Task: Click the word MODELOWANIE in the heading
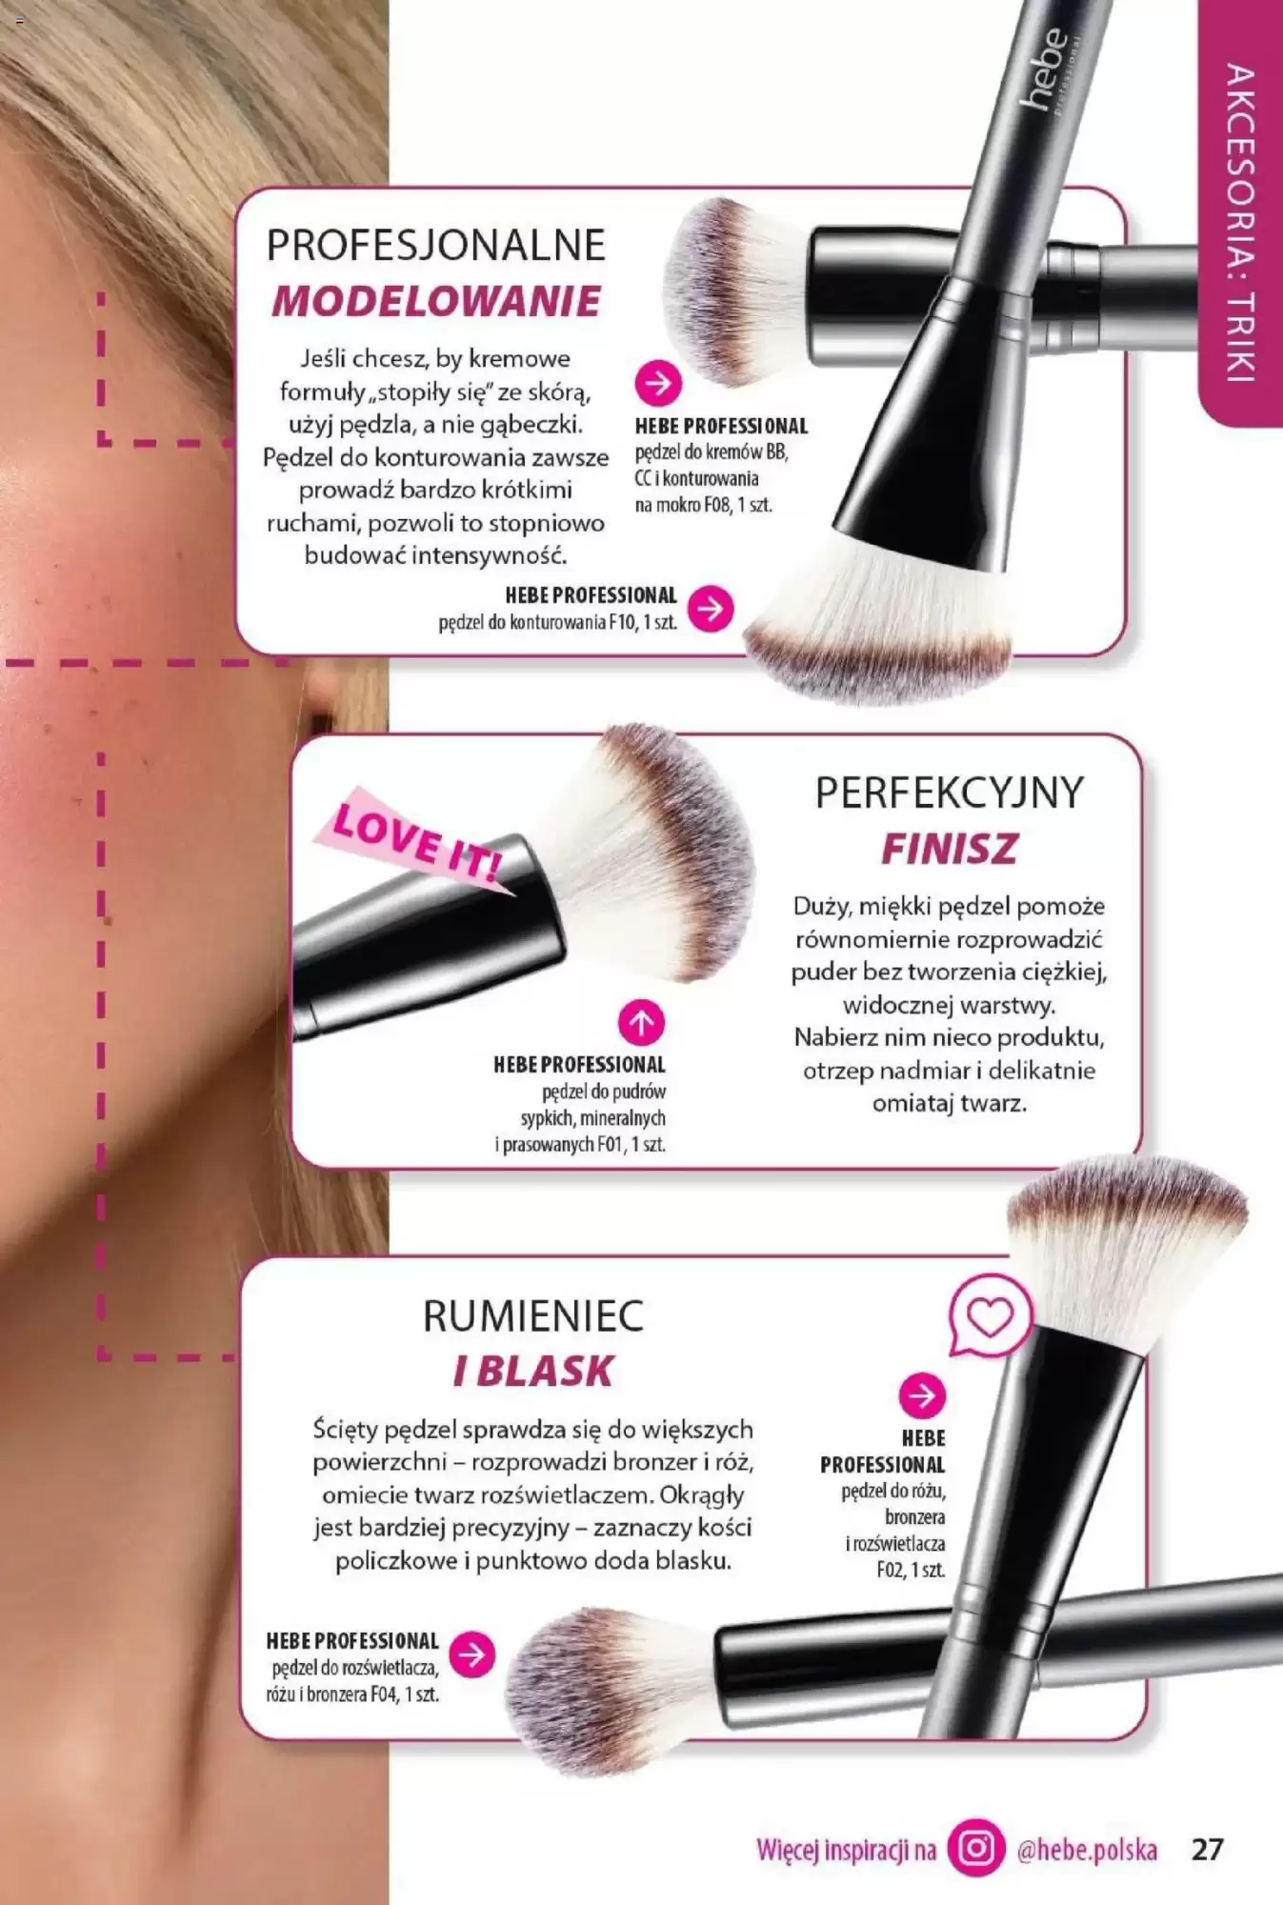[x=436, y=301]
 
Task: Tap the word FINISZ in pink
[x=949, y=849]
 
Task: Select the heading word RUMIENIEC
[x=533, y=1316]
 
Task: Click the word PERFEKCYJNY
[x=950, y=792]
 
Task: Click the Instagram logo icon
[x=976, y=1849]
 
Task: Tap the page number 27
[x=1207, y=1849]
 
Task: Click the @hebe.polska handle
[x=1087, y=1850]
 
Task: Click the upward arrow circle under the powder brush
[x=641, y=1023]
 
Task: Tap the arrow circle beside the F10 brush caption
[x=711, y=608]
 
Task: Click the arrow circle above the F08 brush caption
[x=658, y=384]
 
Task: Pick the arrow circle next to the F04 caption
[x=472, y=1654]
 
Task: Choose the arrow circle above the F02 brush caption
[x=922, y=1395]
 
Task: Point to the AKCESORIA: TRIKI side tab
[x=1240, y=213]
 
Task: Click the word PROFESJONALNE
[x=435, y=246]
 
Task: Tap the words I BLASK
[x=533, y=1372]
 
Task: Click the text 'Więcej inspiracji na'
[x=846, y=1850]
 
